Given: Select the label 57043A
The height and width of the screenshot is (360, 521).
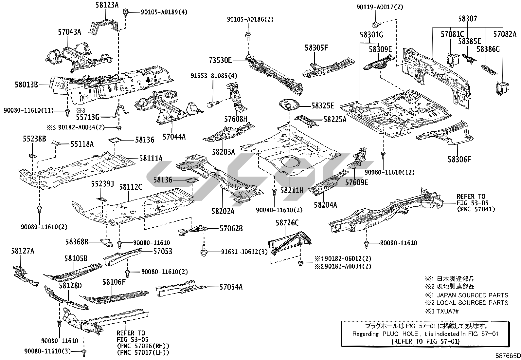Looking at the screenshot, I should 69,32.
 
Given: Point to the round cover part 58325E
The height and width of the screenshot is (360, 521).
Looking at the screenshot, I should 289,105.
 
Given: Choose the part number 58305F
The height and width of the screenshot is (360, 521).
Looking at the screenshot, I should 316,48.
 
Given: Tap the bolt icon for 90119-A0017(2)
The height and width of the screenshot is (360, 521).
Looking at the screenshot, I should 375,24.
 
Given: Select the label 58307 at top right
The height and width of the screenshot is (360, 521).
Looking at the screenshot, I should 467,19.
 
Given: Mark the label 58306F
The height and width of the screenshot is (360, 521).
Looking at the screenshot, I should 459,160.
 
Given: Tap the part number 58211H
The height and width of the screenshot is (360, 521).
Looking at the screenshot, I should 292,190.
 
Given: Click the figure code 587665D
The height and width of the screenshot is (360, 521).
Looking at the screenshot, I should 508,355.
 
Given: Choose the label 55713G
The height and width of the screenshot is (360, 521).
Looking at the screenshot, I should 87,116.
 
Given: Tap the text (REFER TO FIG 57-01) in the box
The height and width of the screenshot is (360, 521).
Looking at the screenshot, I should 425,341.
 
